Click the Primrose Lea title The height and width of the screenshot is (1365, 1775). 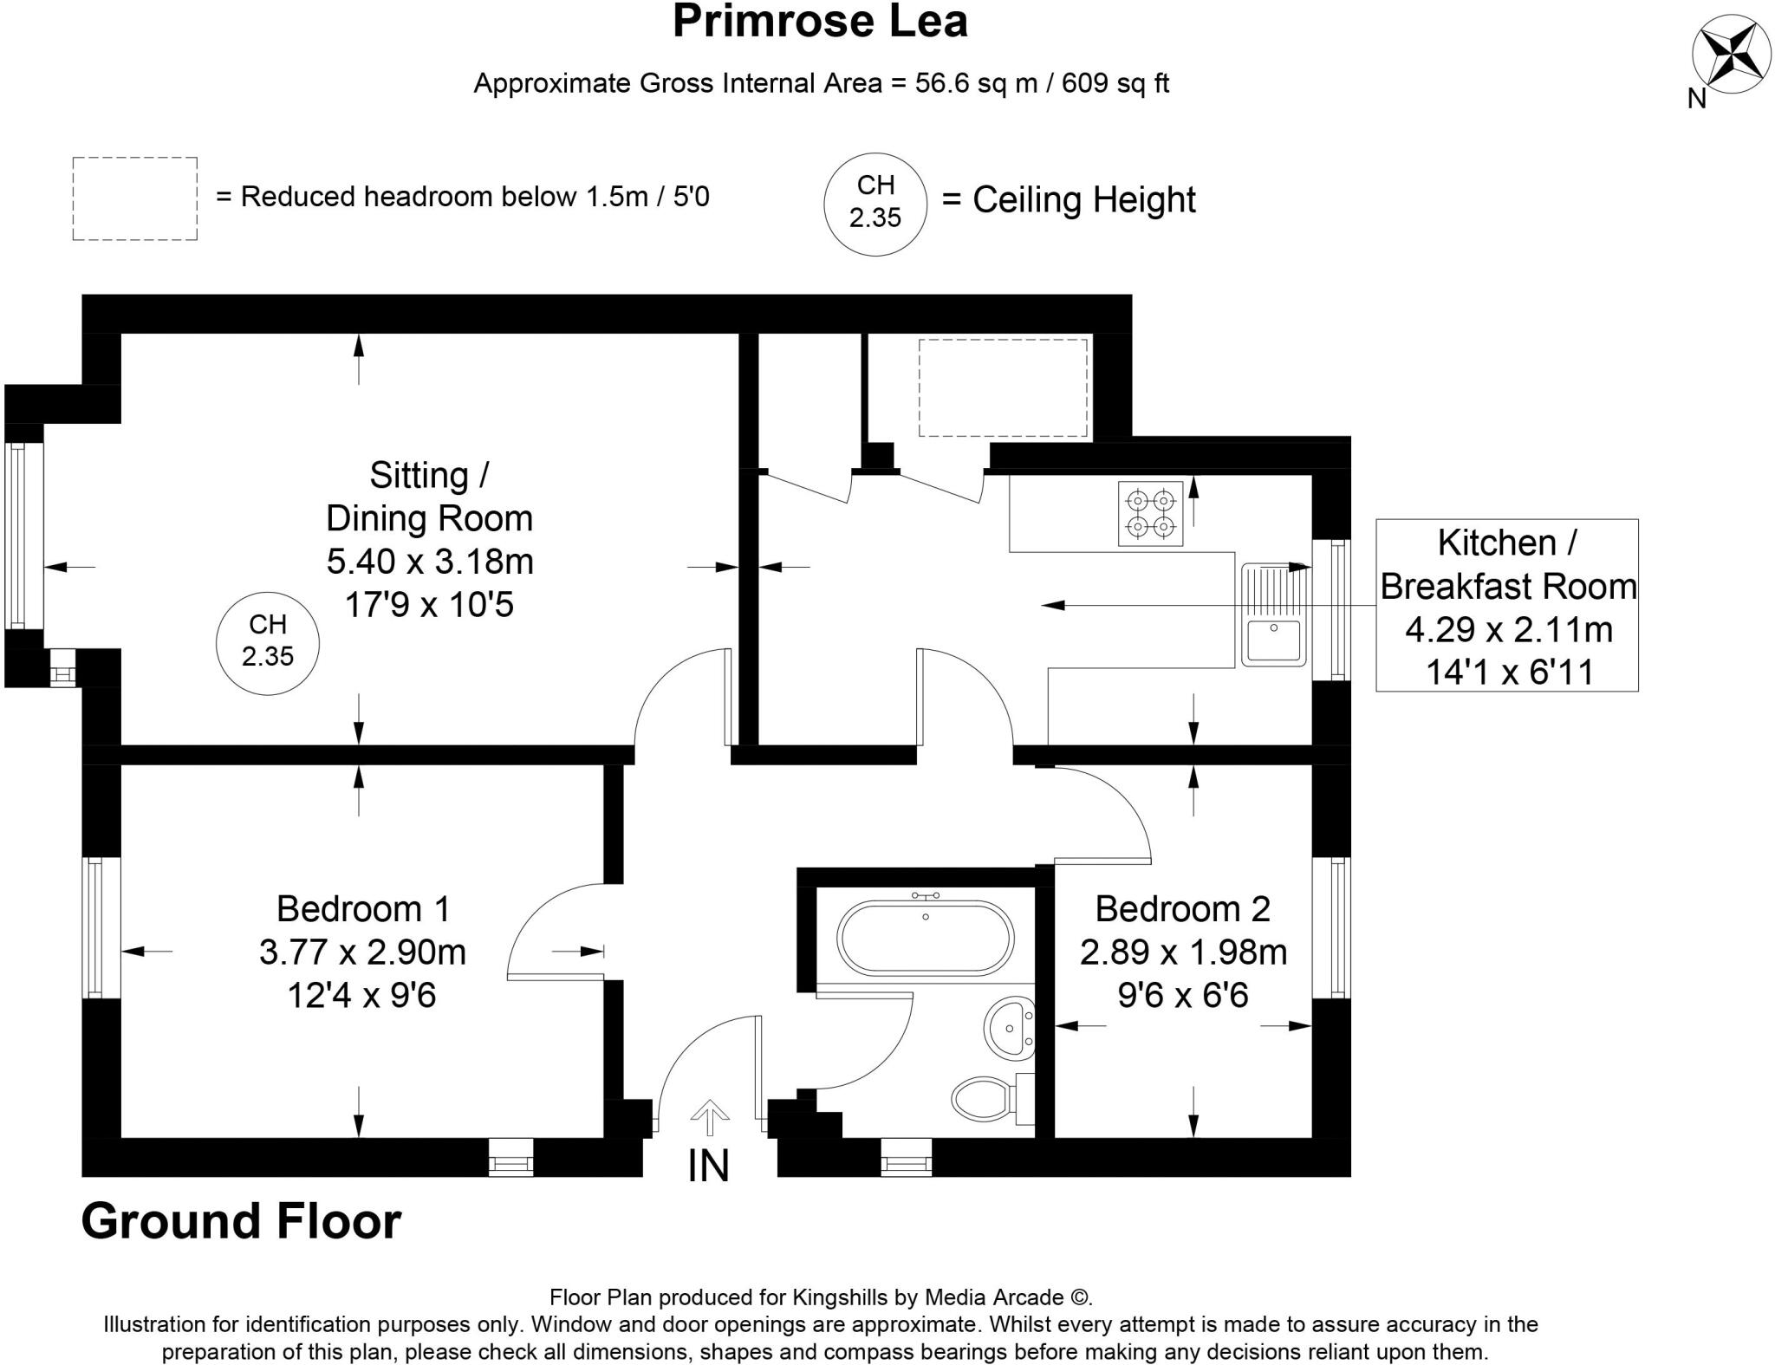[x=819, y=22]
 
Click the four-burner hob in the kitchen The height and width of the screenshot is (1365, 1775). [x=1150, y=513]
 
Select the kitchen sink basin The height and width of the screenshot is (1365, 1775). [x=1273, y=640]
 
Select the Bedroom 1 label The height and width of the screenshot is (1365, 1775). [x=363, y=908]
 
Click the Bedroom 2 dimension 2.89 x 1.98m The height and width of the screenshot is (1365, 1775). [x=1183, y=952]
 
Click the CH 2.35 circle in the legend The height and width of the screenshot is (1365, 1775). [x=874, y=203]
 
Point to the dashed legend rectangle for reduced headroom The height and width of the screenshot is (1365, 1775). [x=134, y=198]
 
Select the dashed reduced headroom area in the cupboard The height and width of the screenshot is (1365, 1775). [x=1002, y=387]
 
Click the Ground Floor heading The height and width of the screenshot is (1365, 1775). [x=241, y=1221]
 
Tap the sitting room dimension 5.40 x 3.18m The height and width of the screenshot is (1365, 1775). [x=429, y=562]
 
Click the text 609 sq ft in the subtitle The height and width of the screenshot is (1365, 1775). [x=1115, y=83]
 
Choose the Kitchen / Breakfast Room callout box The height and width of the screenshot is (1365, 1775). [x=1506, y=605]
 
